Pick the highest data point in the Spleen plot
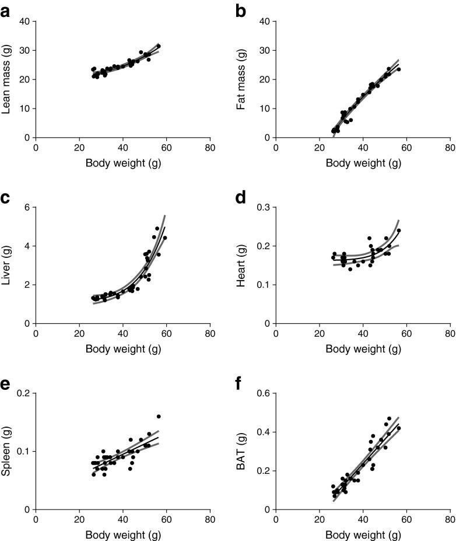click(159, 417)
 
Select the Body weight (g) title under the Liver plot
click(123, 349)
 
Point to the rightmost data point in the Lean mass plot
click(159, 46)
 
